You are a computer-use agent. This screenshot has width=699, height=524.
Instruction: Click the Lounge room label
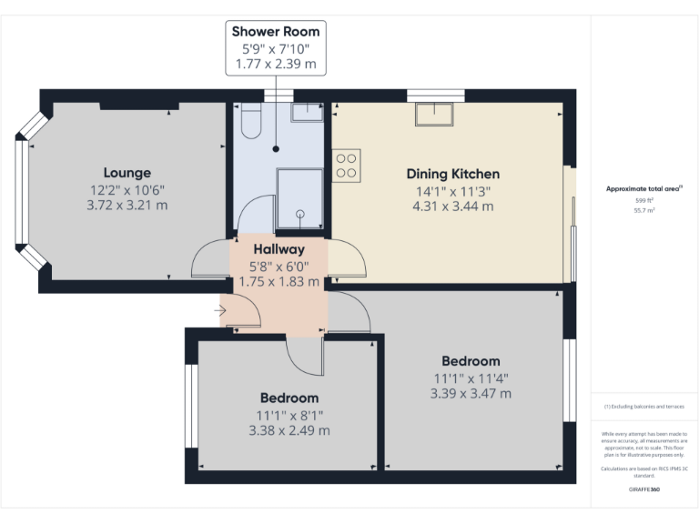point(127,173)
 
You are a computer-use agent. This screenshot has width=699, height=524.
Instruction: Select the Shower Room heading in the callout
point(276,32)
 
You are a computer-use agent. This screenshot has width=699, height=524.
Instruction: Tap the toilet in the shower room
point(251,120)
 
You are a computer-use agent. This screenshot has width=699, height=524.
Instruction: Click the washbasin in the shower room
point(307,112)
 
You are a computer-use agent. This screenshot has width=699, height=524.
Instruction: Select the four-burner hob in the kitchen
point(346,165)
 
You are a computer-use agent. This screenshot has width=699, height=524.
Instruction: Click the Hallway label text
point(279,249)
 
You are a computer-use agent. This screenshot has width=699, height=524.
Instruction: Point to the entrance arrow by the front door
point(220,311)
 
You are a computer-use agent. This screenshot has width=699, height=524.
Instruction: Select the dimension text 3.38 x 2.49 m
point(289,430)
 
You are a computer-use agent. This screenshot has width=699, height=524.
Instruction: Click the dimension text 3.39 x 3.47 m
point(471,394)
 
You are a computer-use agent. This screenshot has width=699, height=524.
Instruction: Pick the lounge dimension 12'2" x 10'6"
point(127,189)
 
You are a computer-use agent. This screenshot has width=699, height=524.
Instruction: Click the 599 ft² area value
point(643,200)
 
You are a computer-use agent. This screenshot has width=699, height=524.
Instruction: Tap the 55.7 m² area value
point(643,210)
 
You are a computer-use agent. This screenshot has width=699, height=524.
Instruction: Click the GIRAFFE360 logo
point(643,489)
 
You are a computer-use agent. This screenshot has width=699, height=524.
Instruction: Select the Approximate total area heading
point(643,188)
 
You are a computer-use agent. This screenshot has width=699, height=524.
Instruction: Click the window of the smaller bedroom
point(191,406)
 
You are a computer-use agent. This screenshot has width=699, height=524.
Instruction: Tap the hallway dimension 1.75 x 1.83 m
point(279,282)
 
